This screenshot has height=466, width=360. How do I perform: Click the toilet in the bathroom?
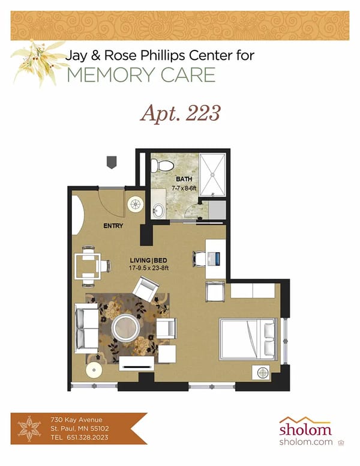click(x=163, y=164)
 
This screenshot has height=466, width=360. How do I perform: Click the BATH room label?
click(x=183, y=179)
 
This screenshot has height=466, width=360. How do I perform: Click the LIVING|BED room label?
click(x=148, y=261)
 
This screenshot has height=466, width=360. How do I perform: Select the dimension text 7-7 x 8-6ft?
click(x=184, y=187)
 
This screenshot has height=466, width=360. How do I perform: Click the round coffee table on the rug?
click(x=127, y=328)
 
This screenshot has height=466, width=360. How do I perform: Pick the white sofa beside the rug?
click(x=86, y=328)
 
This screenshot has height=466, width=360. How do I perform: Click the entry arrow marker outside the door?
click(x=111, y=162)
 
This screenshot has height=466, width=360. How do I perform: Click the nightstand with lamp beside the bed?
click(x=262, y=372)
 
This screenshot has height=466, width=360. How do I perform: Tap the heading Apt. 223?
click(x=180, y=112)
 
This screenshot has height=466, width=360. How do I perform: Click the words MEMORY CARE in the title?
click(x=141, y=75)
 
